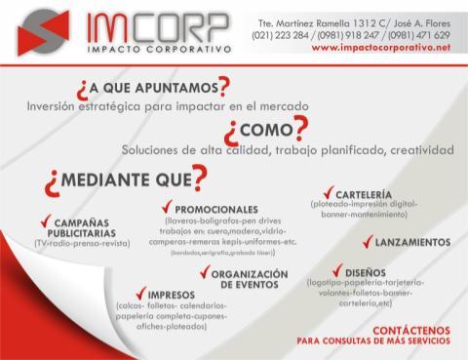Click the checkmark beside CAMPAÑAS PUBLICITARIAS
click(46, 220)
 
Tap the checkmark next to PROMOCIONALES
click(168, 207)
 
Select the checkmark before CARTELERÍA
click(328, 193)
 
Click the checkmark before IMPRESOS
click(139, 292)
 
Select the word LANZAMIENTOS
click(412, 242)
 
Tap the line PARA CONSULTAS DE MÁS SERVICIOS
click(373, 342)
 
